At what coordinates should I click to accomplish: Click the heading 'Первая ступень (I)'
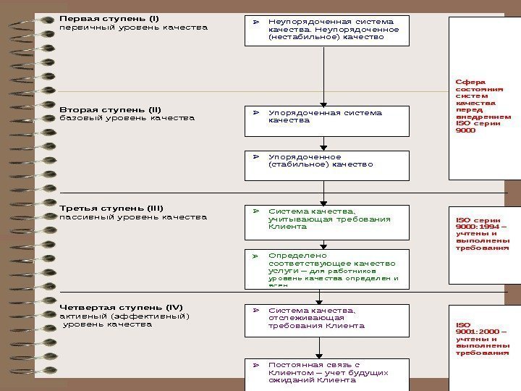109,18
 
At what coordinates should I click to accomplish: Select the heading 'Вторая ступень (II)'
110,109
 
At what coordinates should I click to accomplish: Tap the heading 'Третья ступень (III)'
111,208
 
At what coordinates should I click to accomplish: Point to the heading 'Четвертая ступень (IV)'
121,307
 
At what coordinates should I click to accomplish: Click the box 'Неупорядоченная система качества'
327,30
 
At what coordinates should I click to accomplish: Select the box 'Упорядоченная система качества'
327,120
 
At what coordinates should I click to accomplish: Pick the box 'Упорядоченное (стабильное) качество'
327,164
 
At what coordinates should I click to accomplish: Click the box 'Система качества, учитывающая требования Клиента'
327,222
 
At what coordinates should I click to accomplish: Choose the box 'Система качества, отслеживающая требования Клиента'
327,320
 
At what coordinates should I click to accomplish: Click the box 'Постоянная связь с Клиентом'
327,374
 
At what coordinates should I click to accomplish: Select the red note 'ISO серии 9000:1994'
482,233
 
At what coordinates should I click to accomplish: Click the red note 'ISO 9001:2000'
482,339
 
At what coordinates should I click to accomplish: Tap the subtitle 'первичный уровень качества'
133,28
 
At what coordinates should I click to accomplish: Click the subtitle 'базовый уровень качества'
127,118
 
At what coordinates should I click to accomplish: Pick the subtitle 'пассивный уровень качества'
132,216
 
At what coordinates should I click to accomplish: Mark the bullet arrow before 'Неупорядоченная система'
255,22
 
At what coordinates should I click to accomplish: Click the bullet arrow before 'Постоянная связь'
255,365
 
